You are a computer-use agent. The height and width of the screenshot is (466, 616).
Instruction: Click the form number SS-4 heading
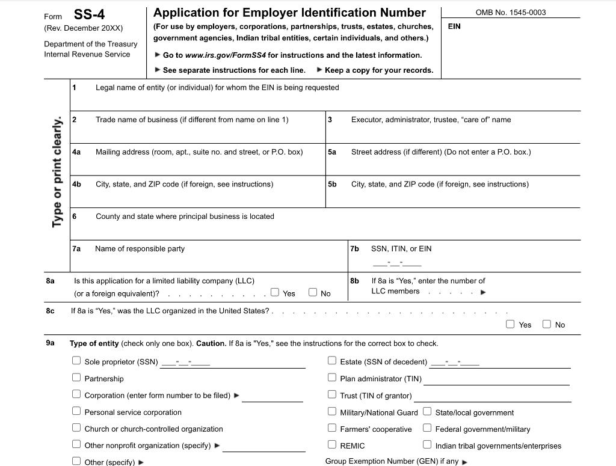coord(89,14)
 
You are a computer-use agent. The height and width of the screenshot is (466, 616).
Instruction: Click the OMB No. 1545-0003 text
coord(510,12)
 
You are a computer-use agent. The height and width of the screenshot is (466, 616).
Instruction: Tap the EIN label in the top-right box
coord(454,26)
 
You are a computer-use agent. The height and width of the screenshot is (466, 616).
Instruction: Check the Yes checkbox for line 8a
coord(275,292)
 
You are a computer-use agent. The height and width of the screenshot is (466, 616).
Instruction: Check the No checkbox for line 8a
coord(313,292)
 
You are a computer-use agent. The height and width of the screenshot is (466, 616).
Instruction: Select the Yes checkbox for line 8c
coord(510,324)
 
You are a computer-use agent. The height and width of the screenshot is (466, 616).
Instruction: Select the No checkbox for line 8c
coord(547,324)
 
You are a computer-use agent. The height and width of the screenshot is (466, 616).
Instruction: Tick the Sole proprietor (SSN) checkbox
coord(76,361)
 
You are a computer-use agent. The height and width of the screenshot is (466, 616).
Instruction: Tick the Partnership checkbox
coord(76,378)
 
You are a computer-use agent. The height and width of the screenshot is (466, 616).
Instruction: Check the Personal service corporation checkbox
coord(76,411)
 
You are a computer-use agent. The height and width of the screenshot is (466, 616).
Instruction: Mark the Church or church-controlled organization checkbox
coord(76,428)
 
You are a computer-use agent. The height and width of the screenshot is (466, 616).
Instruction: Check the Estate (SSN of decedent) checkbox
coord(332,361)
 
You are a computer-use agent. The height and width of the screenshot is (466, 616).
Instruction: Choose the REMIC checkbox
coord(332,445)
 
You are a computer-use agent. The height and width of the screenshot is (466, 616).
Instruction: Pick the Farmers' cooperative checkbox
coord(332,428)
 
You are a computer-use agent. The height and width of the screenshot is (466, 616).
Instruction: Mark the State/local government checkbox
coord(427,412)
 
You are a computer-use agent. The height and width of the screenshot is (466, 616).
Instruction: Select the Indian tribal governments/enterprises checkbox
coord(427,445)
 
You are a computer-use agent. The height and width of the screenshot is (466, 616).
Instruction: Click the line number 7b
coord(354,248)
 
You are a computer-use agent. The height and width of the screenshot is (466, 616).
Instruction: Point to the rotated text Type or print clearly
coord(57,172)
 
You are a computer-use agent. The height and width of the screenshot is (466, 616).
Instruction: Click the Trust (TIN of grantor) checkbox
coord(332,394)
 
